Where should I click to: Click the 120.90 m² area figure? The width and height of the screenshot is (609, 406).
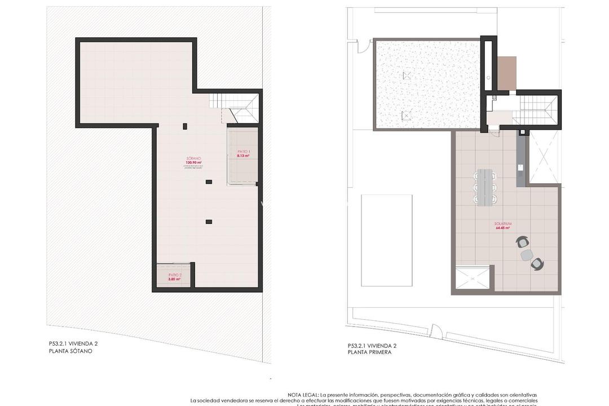click(x=193, y=162)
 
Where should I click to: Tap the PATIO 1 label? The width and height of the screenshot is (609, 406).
click(x=243, y=152)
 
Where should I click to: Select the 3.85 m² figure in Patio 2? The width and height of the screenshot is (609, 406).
click(x=174, y=279)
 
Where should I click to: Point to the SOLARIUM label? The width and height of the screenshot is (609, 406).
click(x=502, y=224)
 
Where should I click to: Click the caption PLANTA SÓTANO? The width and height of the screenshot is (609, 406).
click(x=70, y=351)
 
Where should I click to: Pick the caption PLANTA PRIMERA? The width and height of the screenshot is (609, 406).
click(x=369, y=352)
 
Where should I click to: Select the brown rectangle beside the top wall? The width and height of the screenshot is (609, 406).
click(x=506, y=73)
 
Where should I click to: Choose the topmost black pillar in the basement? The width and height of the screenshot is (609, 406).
click(x=184, y=126)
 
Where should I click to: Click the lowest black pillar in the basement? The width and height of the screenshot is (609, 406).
click(x=209, y=222)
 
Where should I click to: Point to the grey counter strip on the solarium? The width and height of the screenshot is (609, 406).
click(x=520, y=160)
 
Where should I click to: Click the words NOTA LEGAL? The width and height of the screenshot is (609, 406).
click(x=303, y=395)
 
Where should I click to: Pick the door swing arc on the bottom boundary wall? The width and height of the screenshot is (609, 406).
click(x=435, y=332)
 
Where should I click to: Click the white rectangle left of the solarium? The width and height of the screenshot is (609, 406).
click(x=386, y=241)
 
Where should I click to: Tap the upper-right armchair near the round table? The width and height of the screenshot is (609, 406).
click(x=523, y=242)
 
